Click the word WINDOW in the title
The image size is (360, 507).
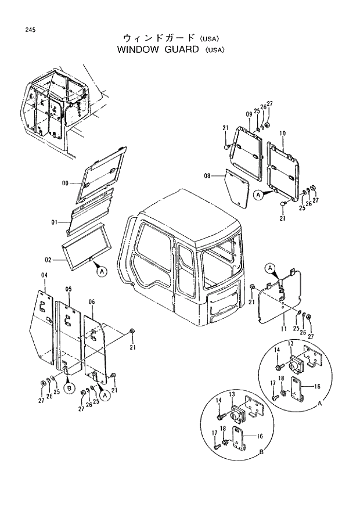click(138, 49)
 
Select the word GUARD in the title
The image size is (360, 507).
click(181, 49)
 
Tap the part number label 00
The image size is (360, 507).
click(66, 184)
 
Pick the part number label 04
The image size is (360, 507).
click(44, 275)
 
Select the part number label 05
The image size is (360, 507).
click(68, 289)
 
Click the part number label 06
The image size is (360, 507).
click(91, 302)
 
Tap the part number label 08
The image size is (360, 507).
click(207, 175)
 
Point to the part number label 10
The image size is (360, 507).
click(282, 134)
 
